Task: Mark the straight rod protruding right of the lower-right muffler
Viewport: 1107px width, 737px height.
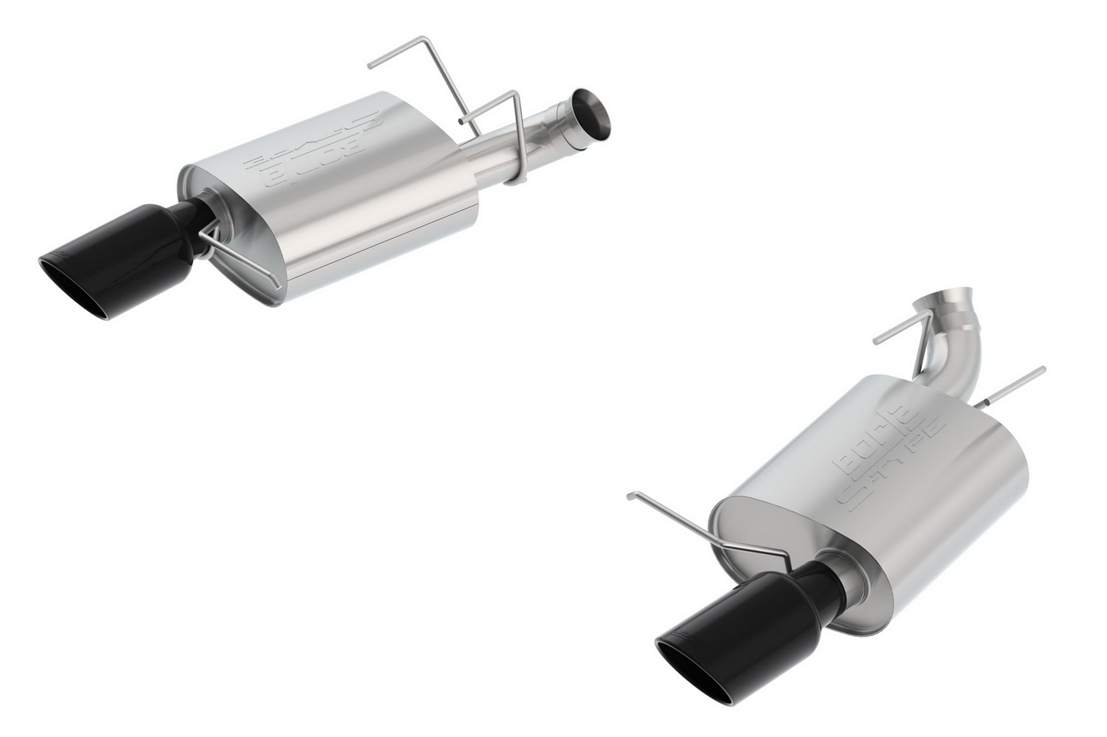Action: [x=1018, y=384]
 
